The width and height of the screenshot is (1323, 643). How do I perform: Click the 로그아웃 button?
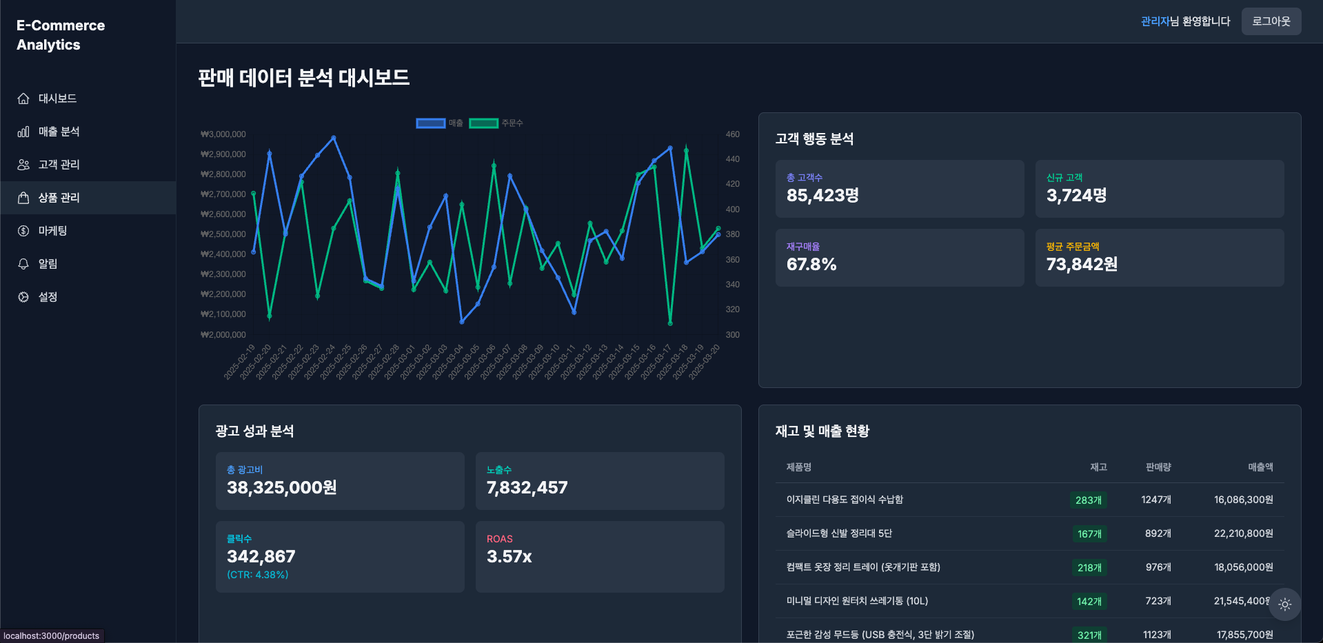tap(1271, 21)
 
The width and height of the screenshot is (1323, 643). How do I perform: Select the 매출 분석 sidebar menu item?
tap(59, 132)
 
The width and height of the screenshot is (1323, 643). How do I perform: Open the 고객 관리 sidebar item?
tap(59, 165)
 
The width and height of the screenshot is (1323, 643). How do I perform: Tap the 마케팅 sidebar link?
tap(52, 231)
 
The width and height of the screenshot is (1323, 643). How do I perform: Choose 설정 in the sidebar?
tap(48, 297)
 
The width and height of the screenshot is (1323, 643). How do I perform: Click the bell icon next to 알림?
tap(23, 264)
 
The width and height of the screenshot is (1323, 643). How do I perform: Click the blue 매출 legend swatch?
tap(430, 123)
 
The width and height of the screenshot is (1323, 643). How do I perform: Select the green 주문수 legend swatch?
tap(483, 123)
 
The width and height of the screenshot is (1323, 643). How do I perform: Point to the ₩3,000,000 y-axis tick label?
tap(223, 134)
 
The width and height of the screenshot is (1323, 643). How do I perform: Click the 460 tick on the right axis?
tap(732, 134)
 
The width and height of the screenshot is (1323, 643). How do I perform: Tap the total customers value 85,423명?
tap(822, 196)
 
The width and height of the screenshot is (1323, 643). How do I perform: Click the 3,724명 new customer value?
tap(1076, 196)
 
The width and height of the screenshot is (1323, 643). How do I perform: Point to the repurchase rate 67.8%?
tap(811, 265)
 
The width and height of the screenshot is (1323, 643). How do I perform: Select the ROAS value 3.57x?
tap(509, 557)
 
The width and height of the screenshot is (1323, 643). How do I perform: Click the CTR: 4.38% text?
tap(258, 575)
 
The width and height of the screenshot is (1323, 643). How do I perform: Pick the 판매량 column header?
tap(1158, 467)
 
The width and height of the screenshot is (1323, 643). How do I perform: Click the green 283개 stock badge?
tap(1089, 500)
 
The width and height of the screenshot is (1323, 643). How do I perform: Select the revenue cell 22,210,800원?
tap(1243, 533)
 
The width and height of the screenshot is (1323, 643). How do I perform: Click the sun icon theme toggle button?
tap(1284, 604)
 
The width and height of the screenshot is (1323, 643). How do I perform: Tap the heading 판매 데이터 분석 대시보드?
tap(303, 78)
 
